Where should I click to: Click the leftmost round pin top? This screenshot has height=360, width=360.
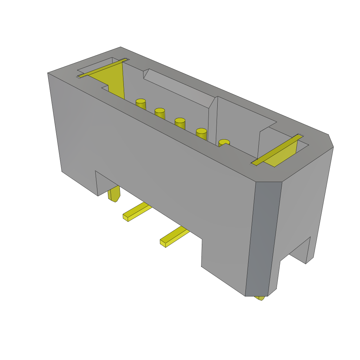[141, 101]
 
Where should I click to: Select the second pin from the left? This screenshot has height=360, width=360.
[160, 110]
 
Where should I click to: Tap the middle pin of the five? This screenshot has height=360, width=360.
[180, 120]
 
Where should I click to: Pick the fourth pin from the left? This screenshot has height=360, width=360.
[201, 131]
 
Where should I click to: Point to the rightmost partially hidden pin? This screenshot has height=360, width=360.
[224, 142]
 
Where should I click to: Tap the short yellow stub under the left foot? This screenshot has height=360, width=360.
[114, 194]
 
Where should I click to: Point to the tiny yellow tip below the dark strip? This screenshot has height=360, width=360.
[261, 298]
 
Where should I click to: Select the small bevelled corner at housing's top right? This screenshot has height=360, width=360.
[331, 141]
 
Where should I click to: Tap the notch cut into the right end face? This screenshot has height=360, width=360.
[299, 251]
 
